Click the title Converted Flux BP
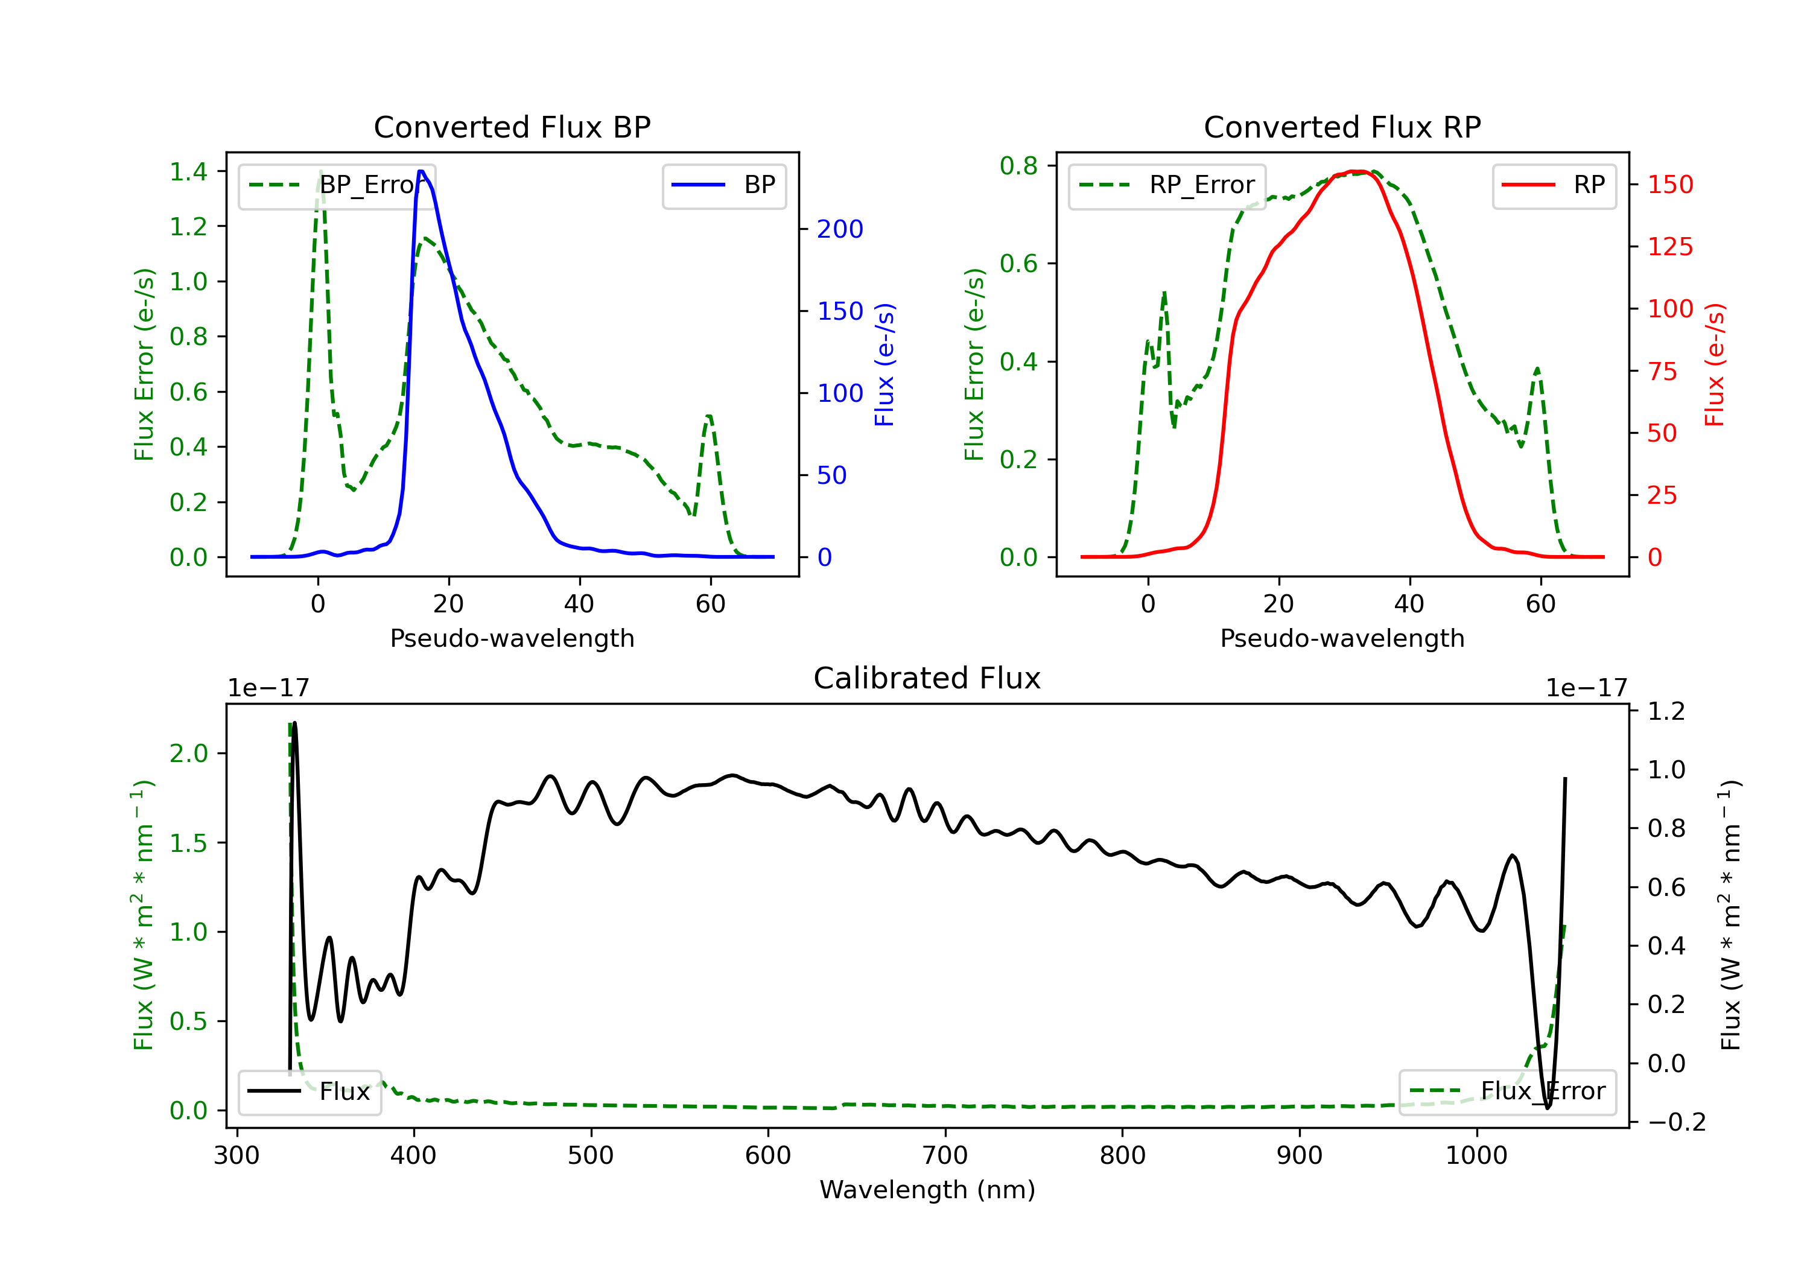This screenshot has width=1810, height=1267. [x=512, y=127]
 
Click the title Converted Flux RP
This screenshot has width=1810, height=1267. [x=1342, y=127]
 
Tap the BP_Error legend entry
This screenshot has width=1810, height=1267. [x=337, y=185]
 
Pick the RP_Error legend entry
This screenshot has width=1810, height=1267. [x=1167, y=185]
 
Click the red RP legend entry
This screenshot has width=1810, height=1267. [x=1554, y=185]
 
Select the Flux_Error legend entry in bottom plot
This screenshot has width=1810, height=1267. [x=1507, y=1091]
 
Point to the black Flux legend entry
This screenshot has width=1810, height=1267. [x=310, y=1091]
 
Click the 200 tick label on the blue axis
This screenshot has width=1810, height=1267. [x=840, y=229]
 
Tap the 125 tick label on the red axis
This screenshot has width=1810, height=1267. [x=1669, y=247]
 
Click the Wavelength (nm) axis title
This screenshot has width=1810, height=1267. [x=927, y=1190]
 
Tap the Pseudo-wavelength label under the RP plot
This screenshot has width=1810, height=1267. [x=1342, y=638]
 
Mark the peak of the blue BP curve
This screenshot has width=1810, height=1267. [x=422, y=171]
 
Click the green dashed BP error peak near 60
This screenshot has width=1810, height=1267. [x=710, y=416]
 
